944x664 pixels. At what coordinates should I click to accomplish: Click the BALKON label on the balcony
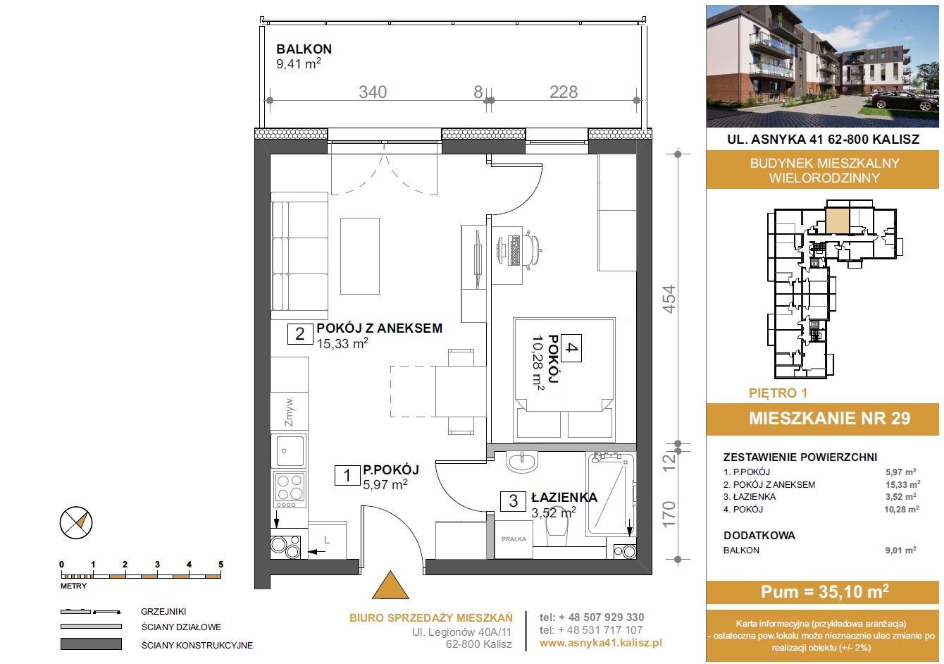click(x=304, y=49)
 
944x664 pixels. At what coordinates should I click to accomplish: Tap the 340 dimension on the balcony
click(x=373, y=92)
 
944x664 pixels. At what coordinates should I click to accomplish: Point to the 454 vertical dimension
click(x=669, y=299)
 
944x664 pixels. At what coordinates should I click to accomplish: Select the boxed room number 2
click(x=299, y=334)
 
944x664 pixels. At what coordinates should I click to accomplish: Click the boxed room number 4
click(x=571, y=348)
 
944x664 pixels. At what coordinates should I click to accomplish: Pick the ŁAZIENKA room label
click(x=564, y=498)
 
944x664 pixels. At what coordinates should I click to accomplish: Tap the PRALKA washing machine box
click(x=514, y=539)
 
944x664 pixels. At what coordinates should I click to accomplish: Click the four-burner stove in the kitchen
click(x=290, y=489)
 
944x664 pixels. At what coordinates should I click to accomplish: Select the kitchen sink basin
click(x=290, y=450)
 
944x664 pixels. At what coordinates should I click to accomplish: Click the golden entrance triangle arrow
click(x=390, y=585)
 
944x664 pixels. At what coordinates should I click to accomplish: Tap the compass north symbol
click(x=76, y=523)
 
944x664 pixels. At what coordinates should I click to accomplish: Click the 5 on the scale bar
click(x=221, y=564)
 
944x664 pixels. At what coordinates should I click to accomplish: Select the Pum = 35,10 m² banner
click(x=824, y=592)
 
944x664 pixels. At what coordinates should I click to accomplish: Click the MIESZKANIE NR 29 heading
click(x=829, y=418)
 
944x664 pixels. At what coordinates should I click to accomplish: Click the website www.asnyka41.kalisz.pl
click(x=600, y=643)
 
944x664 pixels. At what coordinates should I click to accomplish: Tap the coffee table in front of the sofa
click(x=360, y=256)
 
